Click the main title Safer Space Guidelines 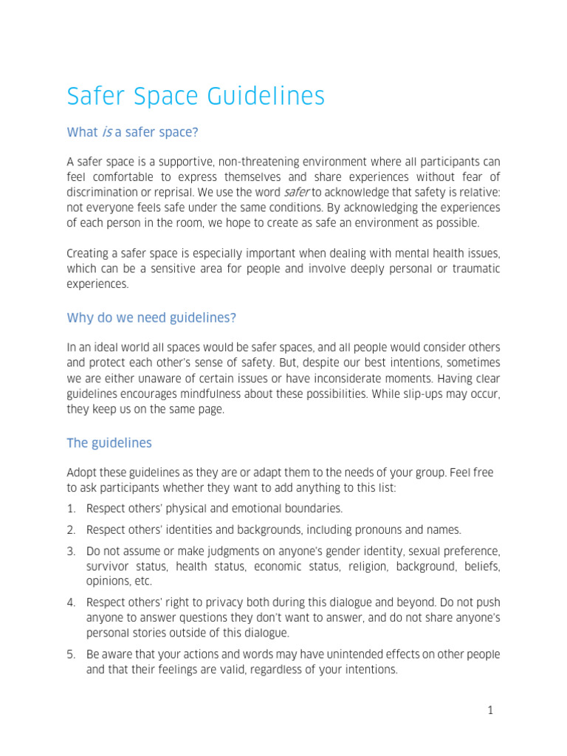click(196, 97)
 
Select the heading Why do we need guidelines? click(151, 317)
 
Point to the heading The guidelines click(109, 443)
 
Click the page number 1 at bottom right click(489, 711)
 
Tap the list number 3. click(72, 551)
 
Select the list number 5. click(72, 655)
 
